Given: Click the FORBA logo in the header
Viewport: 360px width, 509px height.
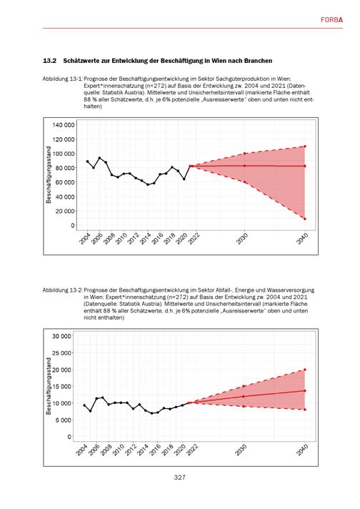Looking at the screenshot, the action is [331, 20].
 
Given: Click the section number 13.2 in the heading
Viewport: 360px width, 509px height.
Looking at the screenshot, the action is [49, 61].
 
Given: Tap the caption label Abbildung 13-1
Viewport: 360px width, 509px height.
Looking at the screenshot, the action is [62, 79].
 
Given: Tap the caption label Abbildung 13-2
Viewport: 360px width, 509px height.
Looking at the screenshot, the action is [62, 290].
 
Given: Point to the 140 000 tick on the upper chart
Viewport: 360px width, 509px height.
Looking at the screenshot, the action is [64, 125].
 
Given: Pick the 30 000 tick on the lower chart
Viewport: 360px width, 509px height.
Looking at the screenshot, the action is [61, 336].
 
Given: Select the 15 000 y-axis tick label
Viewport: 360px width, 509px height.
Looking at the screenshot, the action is [61, 386].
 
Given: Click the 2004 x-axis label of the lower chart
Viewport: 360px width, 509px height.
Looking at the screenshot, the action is [82, 450].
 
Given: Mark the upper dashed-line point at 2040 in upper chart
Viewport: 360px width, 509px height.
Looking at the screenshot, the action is [305, 147].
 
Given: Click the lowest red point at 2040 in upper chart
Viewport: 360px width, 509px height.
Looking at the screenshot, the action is [305, 219].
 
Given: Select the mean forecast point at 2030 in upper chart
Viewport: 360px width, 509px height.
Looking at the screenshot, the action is [244, 166].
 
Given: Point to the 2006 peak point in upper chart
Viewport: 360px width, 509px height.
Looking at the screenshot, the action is [99, 158].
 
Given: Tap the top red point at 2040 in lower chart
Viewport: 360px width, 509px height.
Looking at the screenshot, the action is [305, 370].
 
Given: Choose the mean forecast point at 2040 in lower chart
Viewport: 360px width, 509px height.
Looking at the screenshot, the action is [305, 391].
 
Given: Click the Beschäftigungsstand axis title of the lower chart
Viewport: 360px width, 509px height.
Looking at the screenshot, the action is [49, 386].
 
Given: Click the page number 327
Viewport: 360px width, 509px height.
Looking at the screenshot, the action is [180, 478].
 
